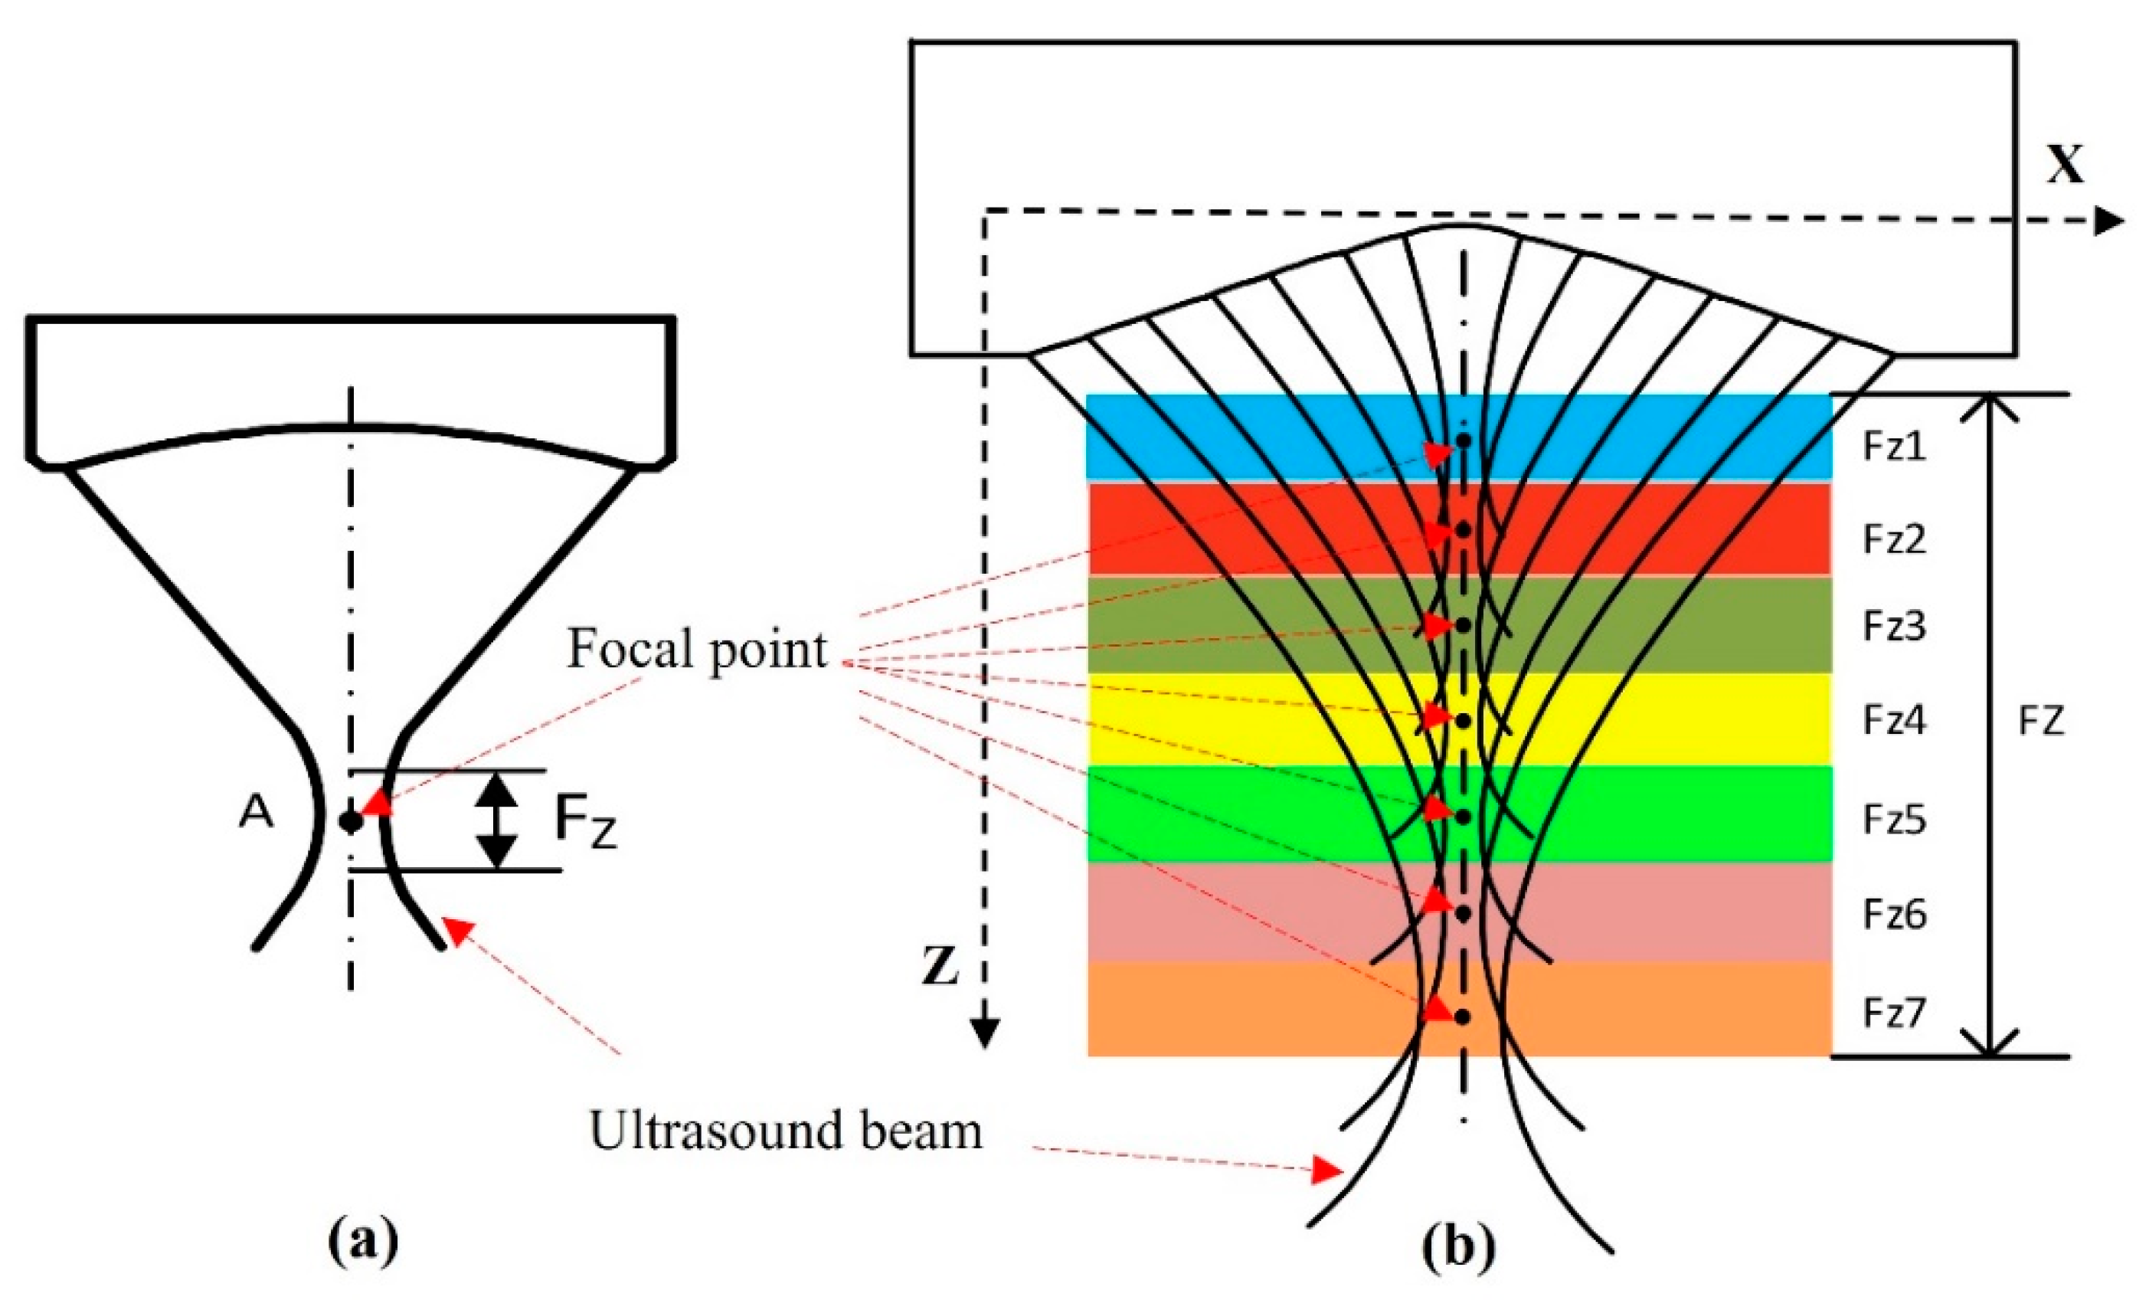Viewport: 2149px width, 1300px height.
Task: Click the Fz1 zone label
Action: coord(1893,447)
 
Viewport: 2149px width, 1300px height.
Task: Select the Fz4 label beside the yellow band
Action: coord(1893,721)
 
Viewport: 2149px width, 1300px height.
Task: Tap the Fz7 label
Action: coord(1893,1013)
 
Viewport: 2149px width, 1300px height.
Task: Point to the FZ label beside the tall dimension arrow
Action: coord(2042,722)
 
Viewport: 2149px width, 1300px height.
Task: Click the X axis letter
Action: coord(2066,164)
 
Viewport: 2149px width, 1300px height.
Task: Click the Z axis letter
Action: coord(941,968)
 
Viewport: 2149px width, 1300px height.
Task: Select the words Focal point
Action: coord(696,650)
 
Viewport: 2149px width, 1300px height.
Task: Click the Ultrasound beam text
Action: coord(786,1131)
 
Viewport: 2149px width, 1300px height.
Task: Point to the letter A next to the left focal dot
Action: coord(256,814)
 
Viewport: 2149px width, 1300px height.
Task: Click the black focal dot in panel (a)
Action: coord(351,821)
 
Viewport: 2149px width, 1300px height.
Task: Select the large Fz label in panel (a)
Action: coord(586,823)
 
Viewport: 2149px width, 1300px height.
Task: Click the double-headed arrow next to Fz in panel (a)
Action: coord(496,820)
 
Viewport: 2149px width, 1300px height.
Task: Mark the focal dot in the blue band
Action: coord(1464,441)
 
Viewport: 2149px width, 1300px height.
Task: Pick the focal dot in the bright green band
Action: coord(1464,817)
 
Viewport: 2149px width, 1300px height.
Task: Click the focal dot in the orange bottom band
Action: coord(1464,1017)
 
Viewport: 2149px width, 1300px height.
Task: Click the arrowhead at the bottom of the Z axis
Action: coord(985,1035)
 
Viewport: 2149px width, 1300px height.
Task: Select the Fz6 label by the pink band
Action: coord(1893,915)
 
